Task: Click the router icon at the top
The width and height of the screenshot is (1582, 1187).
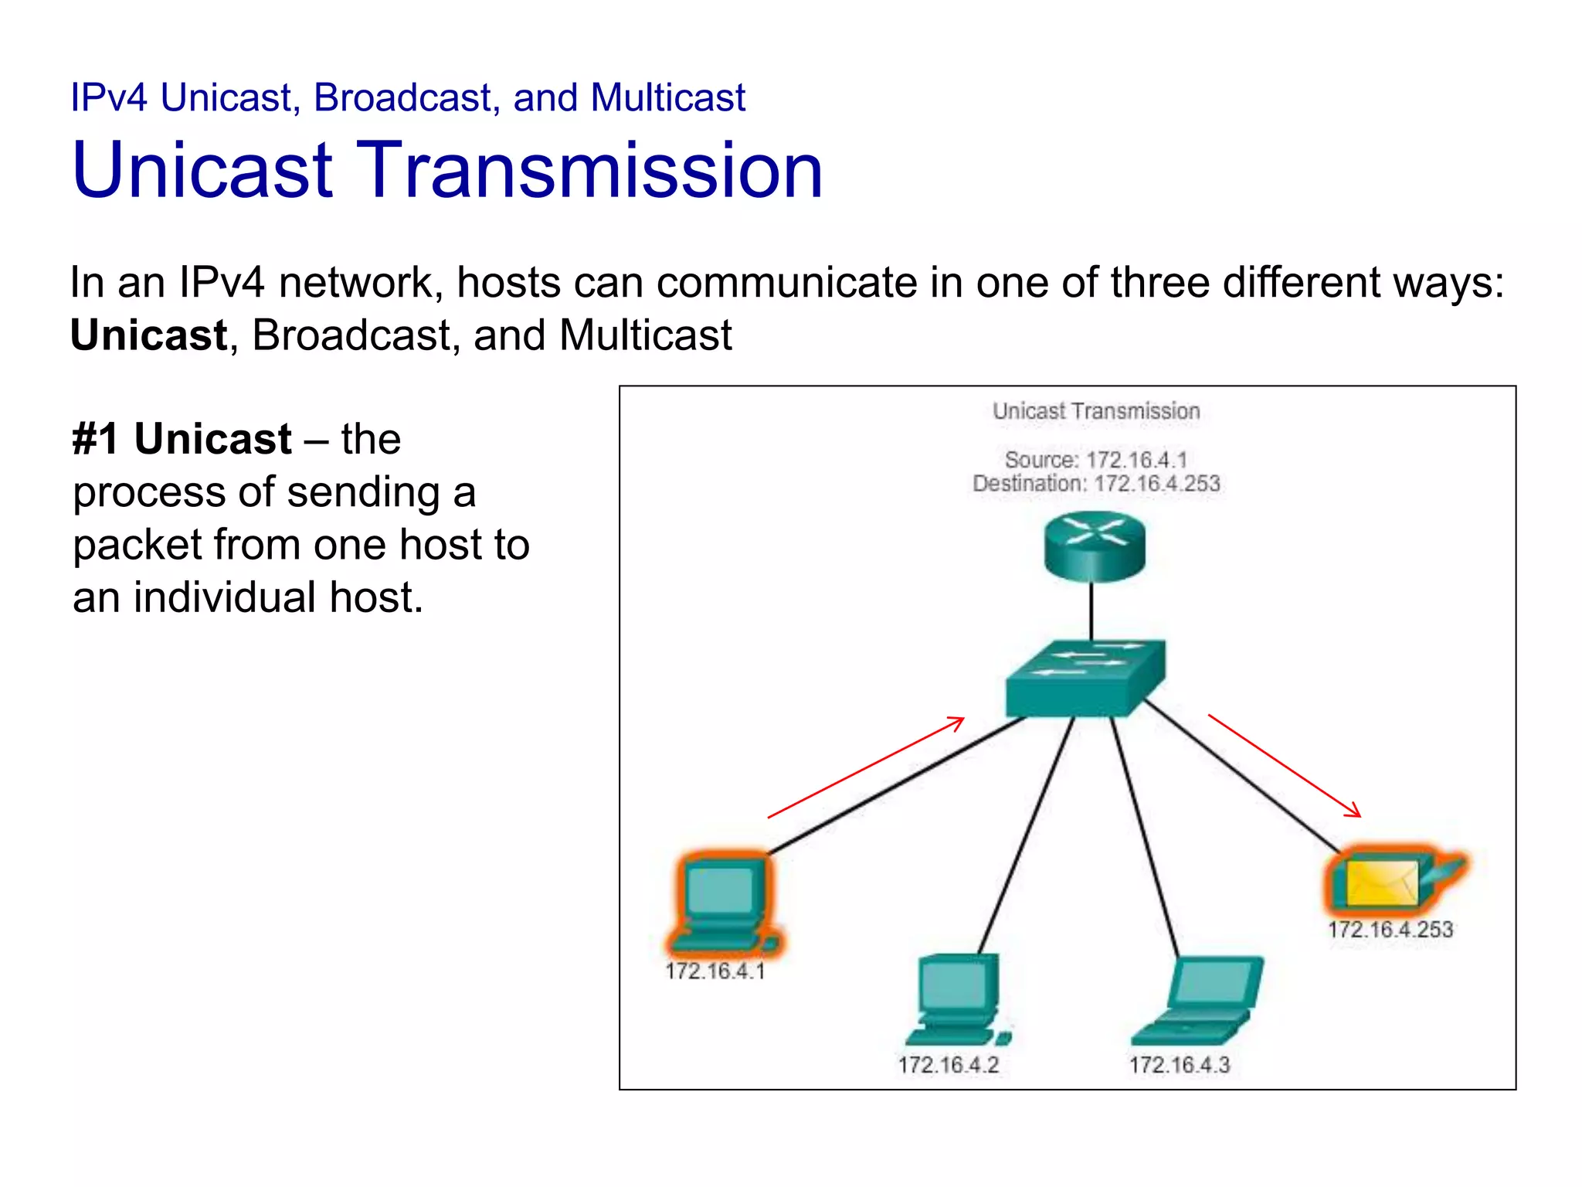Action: pyautogui.click(x=1095, y=547)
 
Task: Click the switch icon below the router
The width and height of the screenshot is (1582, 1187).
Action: pyautogui.click(x=1085, y=679)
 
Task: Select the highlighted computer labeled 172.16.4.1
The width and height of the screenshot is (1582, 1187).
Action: pyautogui.click(x=723, y=903)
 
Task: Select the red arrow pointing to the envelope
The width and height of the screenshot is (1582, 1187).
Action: pyautogui.click(x=1284, y=765)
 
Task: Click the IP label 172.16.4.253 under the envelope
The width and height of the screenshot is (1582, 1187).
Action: pyautogui.click(x=1390, y=929)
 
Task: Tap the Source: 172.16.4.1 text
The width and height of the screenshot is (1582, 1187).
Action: pyautogui.click(x=1095, y=460)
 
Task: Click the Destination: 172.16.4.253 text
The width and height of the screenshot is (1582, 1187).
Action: pyautogui.click(x=1095, y=484)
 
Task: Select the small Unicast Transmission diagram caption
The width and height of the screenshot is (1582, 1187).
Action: pyautogui.click(x=1095, y=411)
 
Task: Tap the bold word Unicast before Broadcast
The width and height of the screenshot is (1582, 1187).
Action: pyautogui.click(x=148, y=335)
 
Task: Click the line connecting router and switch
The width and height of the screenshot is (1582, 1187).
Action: pyautogui.click(x=1091, y=611)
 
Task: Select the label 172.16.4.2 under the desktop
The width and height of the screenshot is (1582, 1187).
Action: pyautogui.click(x=948, y=1065)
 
